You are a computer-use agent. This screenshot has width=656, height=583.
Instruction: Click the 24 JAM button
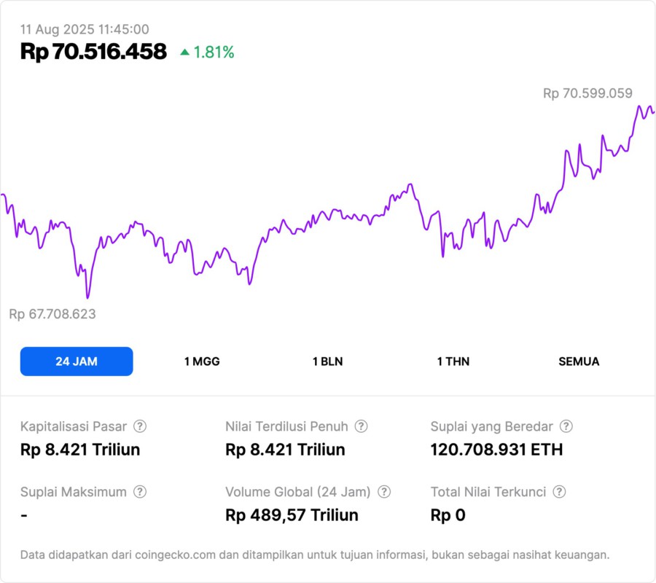[x=77, y=361]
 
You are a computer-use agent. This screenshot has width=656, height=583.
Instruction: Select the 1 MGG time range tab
[x=202, y=361]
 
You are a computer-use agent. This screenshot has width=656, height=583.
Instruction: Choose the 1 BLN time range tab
[x=327, y=361]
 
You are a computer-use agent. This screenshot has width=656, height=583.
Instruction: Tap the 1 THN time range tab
[x=453, y=361]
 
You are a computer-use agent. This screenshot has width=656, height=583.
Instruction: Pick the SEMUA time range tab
[x=579, y=361]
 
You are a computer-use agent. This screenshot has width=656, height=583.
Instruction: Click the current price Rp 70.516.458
[x=93, y=52]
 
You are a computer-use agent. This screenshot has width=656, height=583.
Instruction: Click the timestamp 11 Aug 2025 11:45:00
[x=85, y=29]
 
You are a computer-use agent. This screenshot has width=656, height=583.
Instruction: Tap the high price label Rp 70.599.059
[x=587, y=93]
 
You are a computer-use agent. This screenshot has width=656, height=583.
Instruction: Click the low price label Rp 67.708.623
[x=52, y=314]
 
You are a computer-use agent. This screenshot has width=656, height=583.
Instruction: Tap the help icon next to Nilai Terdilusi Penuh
[x=361, y=426]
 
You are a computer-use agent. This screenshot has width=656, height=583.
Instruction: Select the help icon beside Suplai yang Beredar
[x=566, y=426]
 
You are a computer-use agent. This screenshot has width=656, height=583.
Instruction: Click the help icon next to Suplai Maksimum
[x=139, y=492]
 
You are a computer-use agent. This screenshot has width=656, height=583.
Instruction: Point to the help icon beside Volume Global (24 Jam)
[x=384, y=492]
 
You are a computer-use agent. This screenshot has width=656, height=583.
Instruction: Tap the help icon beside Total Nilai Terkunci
[x=559, y=492]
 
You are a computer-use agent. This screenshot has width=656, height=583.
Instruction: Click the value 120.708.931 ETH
[x=496, y=450]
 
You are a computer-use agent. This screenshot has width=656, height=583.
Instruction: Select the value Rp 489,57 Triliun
[x=292, y=515]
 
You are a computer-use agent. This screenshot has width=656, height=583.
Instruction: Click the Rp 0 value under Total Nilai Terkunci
[x=448, y=515]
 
